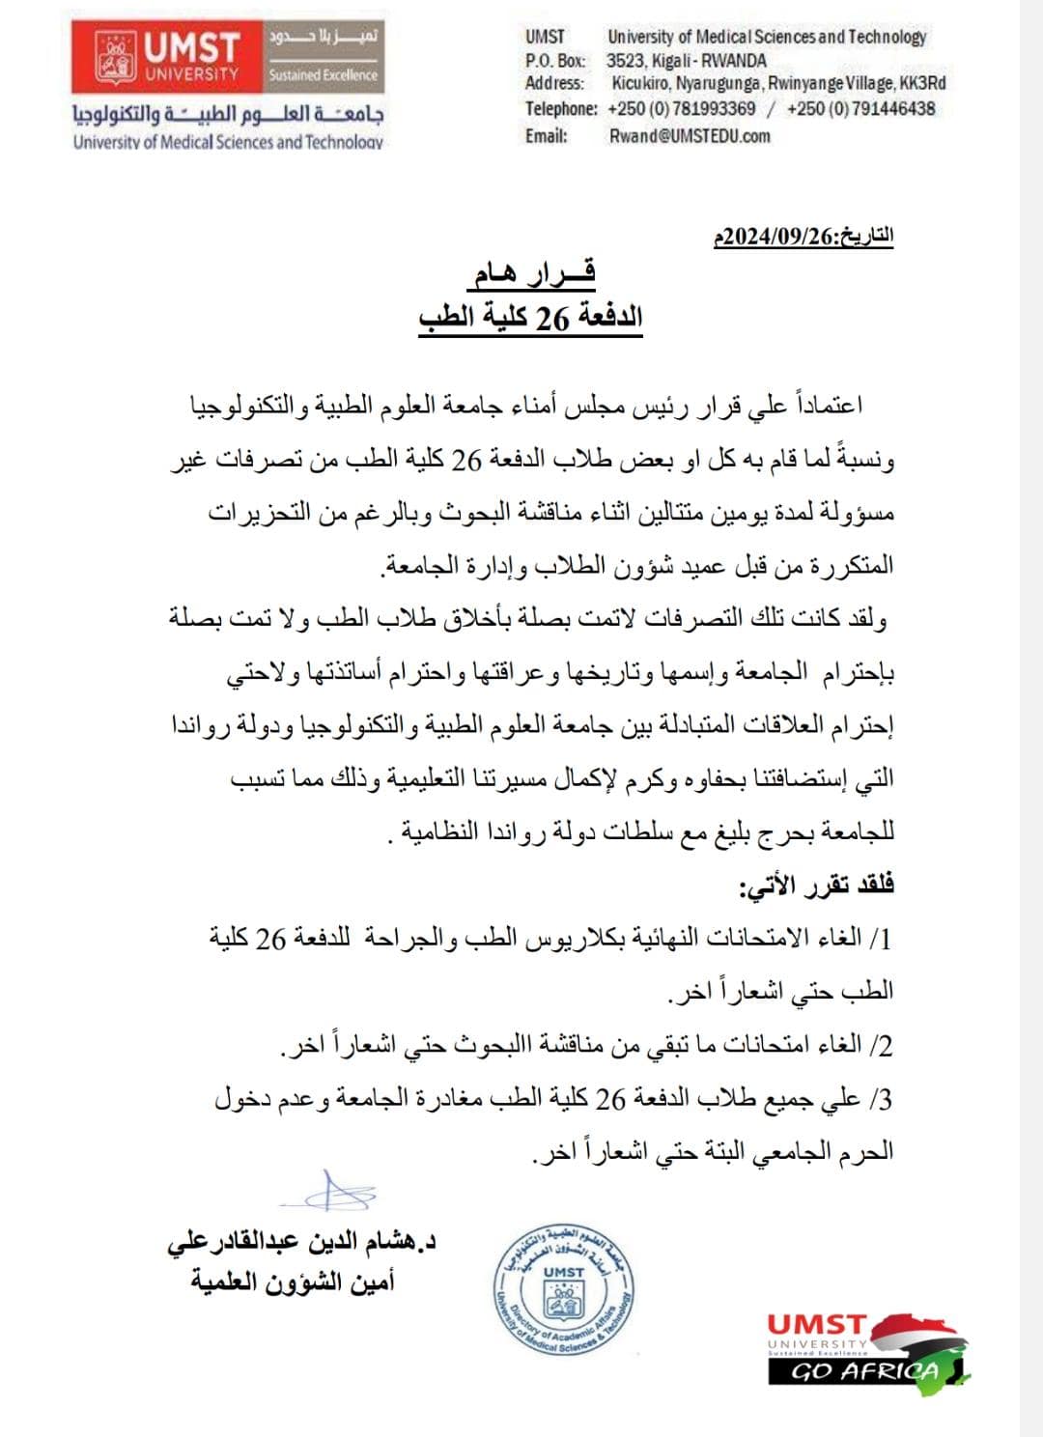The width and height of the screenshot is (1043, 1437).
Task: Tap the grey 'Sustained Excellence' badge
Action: pos(323,74)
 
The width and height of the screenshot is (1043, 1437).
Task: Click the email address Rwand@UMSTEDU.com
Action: pos(689,136)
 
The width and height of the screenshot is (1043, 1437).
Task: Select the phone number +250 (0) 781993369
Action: pos(682,108)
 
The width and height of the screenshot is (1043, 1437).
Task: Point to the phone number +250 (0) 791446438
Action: pos(860,108)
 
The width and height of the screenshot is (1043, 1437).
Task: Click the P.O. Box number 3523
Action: pos(626,60)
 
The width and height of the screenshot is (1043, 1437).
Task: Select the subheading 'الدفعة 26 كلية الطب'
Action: pos(530,317)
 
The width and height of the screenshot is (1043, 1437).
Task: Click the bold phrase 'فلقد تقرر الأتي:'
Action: pos(816,885)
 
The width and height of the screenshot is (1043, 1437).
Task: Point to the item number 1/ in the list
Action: pos(880,938)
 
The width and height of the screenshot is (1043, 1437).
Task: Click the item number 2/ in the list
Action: pos(880,1045)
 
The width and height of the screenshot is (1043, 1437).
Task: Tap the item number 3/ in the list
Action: pos(880,1099)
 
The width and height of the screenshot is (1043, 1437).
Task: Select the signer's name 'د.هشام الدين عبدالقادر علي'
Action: pos(300,1242)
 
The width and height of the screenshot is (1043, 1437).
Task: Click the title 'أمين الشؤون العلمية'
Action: pos(293,1282)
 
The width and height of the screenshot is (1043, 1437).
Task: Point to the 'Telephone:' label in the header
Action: pos(561,108)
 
